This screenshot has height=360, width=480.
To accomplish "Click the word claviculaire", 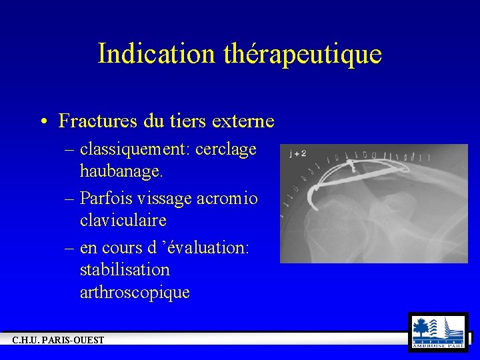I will [x=123, y=219].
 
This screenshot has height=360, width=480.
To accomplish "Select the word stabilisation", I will [x=125, y=270].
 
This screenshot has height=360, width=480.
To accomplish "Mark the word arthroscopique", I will [x=135, y=292].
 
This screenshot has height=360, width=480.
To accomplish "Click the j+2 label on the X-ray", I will [x=298, y=153].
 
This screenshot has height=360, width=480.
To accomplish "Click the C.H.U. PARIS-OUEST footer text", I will [x=59, y=341].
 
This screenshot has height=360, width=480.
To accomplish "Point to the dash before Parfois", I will [x=69, y=198].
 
